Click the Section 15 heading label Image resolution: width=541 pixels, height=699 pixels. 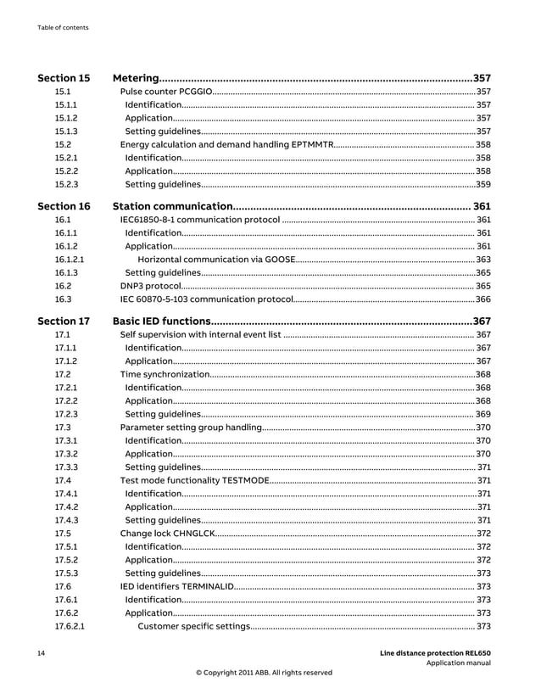pyautogui.click(x=64, y=78)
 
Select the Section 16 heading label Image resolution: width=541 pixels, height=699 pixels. pyautogui.click(x=64, y=206)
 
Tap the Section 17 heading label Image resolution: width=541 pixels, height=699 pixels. pyautogui.click(x=64, y=322)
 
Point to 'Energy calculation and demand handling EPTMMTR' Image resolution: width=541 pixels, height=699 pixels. pyautogui.click(x=226, y=145)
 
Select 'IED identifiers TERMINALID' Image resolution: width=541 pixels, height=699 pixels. pyautogui.click(x=174, y=586)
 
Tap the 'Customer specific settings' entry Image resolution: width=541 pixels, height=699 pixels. pyautogui.click(x=193, y=626)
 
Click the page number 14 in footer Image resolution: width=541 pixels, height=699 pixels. pyautogui.click(x=40, y=652)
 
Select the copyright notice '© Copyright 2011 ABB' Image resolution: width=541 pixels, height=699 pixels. pyautogui.click(x=264, y=673)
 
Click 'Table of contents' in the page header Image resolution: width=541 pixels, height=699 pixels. pyautogui.click(x=63, y=27)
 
